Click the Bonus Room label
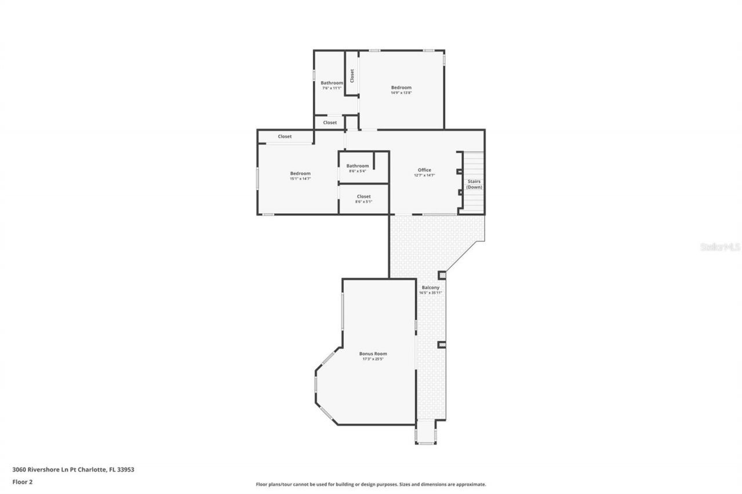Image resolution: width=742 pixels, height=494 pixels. coord(373,353)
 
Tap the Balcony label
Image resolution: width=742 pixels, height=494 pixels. coord(430,287)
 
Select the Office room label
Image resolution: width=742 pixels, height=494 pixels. coord(424,170)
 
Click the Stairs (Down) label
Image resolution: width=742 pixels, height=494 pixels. coord(474,184)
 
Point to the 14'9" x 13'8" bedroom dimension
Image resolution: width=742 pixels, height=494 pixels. coord(401,93)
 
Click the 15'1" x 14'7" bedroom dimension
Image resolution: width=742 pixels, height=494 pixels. coord(300,179)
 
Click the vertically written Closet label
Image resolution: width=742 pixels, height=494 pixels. coord(352,76)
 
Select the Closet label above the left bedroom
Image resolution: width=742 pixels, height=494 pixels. coord(285,137)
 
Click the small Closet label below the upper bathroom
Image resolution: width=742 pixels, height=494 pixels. coord(330,123)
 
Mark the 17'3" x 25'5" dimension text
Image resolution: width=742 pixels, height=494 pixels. coord(373,359)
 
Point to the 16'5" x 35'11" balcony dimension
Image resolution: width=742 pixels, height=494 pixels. coord(431,293)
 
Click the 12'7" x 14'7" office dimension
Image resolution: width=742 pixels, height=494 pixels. coord(424,175)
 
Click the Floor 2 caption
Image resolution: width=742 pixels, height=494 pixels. coord(22,481)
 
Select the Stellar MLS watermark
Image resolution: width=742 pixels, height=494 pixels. coord(720,247)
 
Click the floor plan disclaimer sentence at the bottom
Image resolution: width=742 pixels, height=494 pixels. coord(371,484)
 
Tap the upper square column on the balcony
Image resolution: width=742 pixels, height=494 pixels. coord(442,275)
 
